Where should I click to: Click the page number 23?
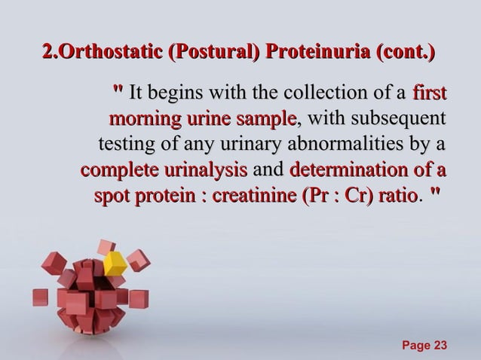coord(437,345)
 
